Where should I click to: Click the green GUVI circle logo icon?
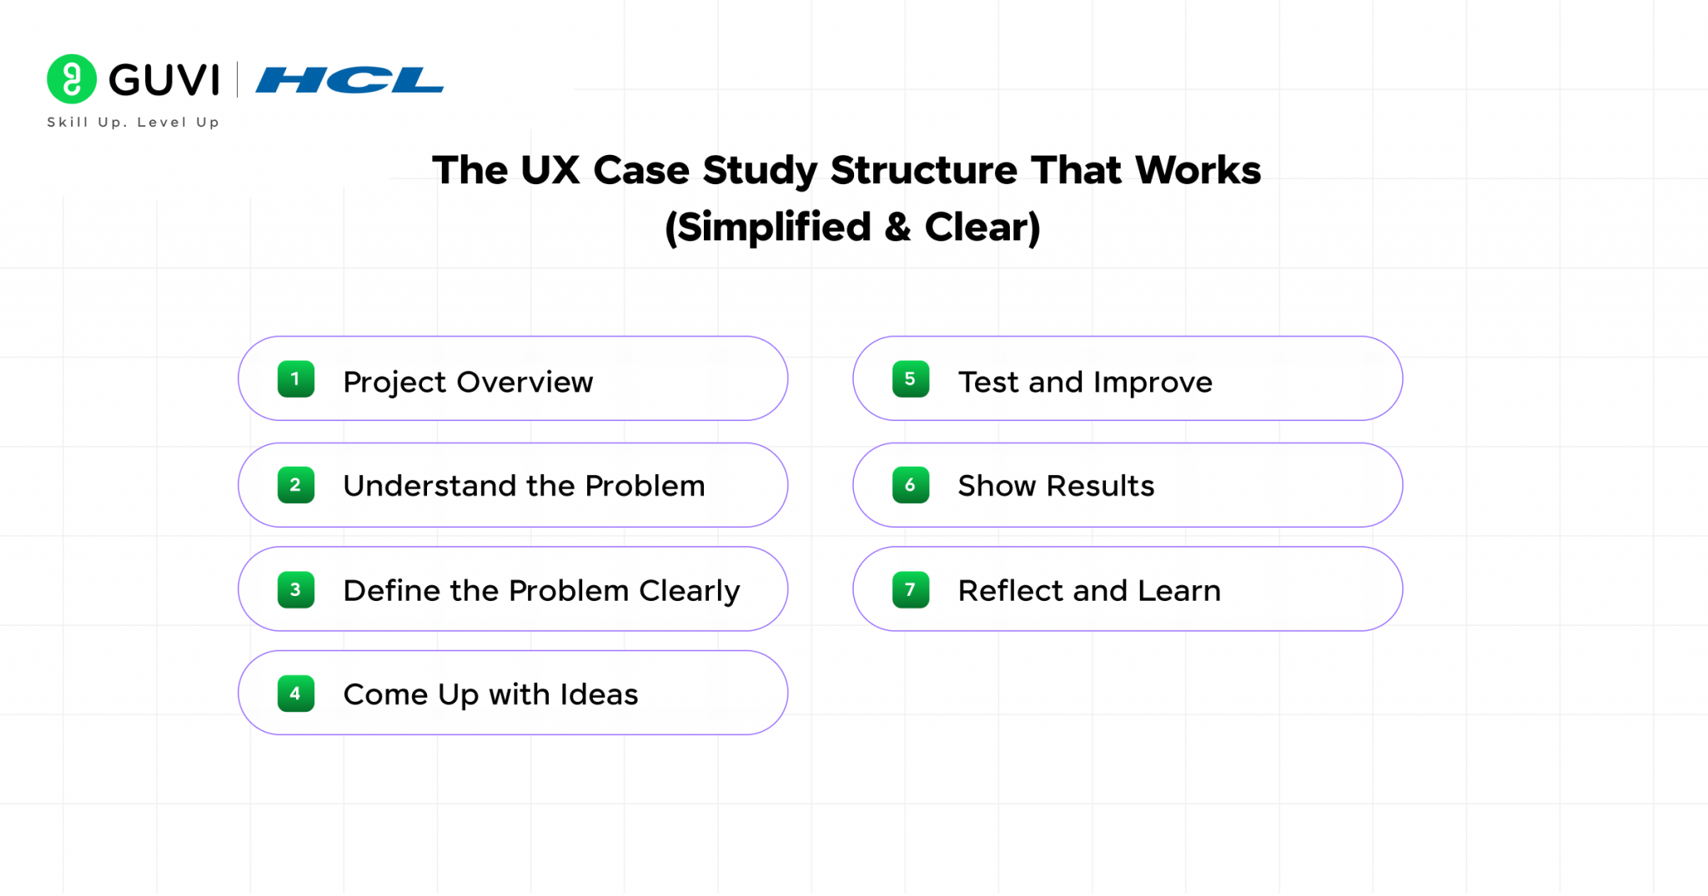(72, 79)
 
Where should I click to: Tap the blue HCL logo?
(349, 80)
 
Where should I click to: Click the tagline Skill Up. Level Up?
(133, 123)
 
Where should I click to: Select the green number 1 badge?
(295, 379)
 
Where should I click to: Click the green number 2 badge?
(295, 485)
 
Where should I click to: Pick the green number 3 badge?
(295, 590)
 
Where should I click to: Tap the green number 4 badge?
(295, 693)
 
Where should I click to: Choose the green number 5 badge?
(910, 379)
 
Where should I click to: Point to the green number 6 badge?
(910, 485)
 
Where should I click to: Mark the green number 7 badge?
(910, 590)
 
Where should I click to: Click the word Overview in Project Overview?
(525, 382)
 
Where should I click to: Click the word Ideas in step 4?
(599, 694)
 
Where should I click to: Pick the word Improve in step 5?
(1153, 383)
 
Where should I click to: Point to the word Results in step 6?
(1100, 486)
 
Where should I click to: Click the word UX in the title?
(550, 170)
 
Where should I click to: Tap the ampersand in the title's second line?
(897, 227)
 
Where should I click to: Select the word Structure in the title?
(924, 170)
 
